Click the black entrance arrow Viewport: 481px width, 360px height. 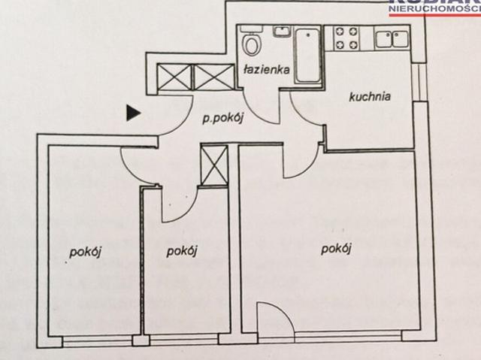tap(133, 113)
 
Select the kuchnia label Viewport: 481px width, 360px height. tap(369, 95)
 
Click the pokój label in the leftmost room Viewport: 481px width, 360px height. tap(86, 253)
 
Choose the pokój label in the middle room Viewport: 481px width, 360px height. tap(182, 251)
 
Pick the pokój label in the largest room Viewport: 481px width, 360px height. tap(337, 249)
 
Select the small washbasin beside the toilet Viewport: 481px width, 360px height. tap(282, 32)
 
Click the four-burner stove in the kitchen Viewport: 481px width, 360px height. tap(344, 39)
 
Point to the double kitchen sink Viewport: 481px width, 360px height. tap(392, 38)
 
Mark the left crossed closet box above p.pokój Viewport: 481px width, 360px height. tap(174, 77)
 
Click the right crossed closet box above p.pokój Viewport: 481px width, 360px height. tap(215, 77)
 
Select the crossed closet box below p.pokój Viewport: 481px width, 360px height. tap(214, 165)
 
